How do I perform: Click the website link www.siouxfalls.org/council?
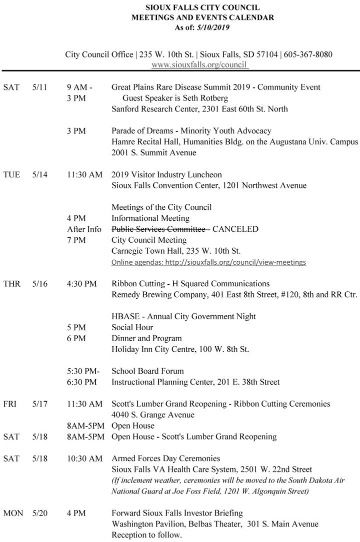tap(199, 64)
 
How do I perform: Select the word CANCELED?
tap(235, 229)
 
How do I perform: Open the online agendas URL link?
tap(208, 262)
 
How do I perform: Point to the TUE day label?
tap(11, 175)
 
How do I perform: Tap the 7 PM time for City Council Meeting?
tap(76, 240)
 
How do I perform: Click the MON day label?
tap(13, 513)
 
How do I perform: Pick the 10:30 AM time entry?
tap(84, 458)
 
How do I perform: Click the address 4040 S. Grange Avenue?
tap(153, 415)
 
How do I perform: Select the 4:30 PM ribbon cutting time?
tap(81, 284)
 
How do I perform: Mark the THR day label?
tap(12, 284)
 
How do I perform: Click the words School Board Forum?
tap(147, 371)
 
